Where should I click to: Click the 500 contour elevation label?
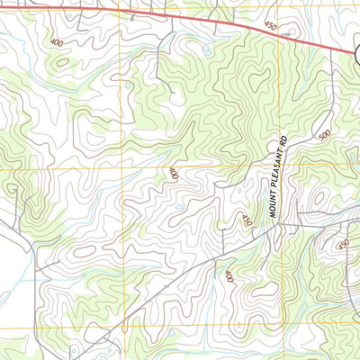tap(324, 135)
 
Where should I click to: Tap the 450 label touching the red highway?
tap(271, 27)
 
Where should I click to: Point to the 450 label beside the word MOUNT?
tap(247, 220)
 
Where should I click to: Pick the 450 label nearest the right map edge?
tap(342, 245)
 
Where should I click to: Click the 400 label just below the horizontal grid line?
tap(172, 174)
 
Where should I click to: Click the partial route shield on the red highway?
tap(355, 52)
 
